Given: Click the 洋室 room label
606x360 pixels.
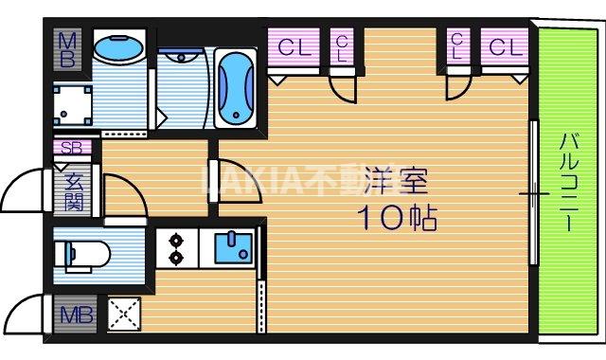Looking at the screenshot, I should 397,179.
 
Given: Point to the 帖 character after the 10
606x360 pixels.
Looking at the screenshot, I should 422,219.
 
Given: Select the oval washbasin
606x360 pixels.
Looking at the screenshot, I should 119,48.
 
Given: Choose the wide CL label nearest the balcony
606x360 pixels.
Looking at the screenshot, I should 506,47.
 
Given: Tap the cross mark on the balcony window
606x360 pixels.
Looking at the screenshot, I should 533,194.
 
